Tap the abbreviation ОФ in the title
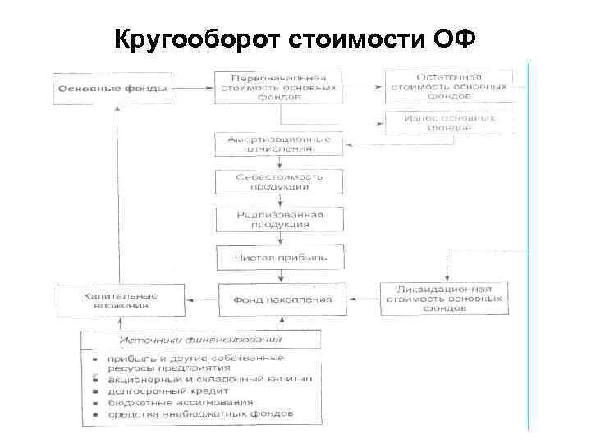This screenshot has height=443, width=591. [x=451, y=39]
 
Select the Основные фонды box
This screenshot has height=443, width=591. [x=113, y=88]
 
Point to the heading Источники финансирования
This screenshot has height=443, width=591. [x=202, y=339]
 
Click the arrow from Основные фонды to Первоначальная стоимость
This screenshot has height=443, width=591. [x=194, y=88]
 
